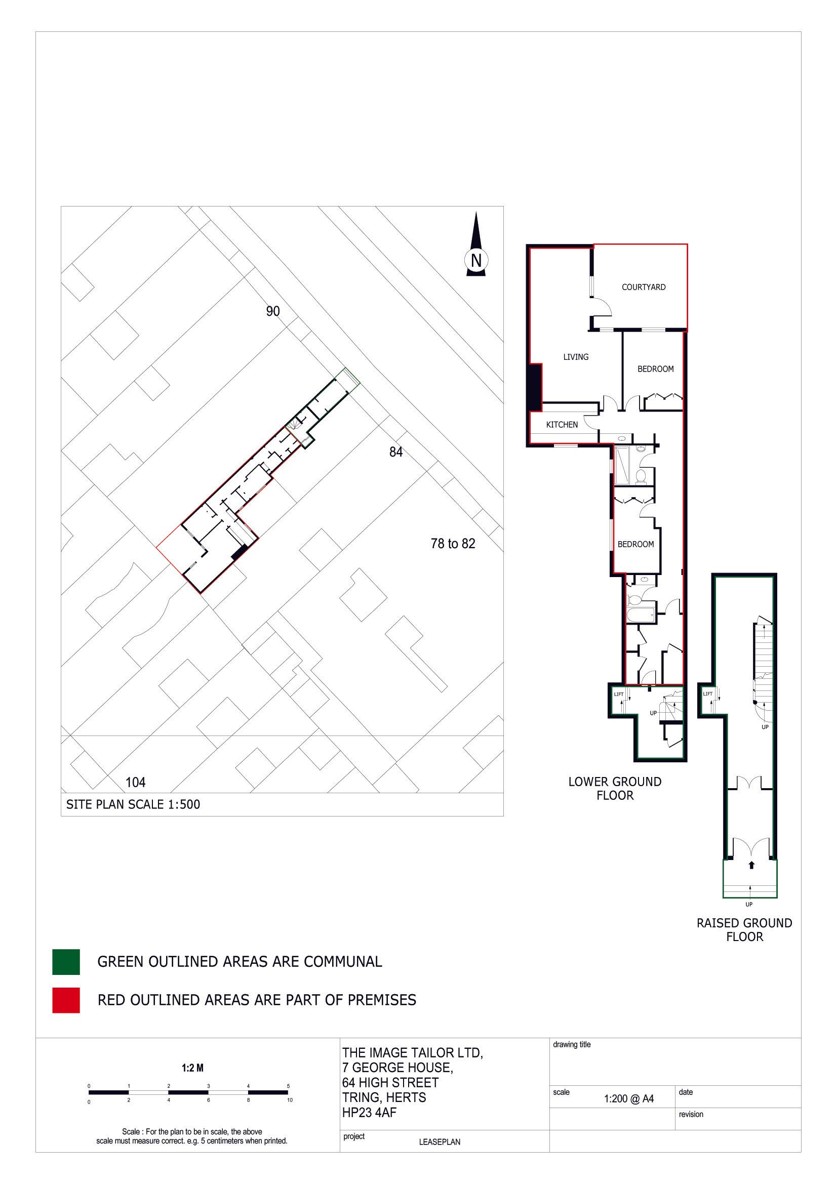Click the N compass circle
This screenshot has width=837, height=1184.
coord(476,261)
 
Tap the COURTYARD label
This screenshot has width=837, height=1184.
coord(643,287)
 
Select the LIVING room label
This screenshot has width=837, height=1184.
coord(576,357)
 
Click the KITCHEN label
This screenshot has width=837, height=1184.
coord(562,424)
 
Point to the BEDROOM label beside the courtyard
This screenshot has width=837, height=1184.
coord(655,369)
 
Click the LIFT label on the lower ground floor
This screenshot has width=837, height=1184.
coord(618,694)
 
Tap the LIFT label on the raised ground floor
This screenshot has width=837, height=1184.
coord(707,693)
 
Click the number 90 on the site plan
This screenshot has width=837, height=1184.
coord(273,311)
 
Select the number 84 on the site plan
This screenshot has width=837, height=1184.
coord(395,452)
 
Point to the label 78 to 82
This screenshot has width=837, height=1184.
coord(452,544)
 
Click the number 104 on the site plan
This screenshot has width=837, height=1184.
coord(136,782)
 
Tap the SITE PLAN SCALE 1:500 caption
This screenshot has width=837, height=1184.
coord(133,804)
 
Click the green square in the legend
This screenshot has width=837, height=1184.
coord(66,962)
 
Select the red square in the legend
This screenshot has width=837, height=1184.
coord(66,1000)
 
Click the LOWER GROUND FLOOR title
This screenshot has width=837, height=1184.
coord(615,788)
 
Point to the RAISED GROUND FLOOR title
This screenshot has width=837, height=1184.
coord(744,929)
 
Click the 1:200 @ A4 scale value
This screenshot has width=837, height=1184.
coord(629,1099)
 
